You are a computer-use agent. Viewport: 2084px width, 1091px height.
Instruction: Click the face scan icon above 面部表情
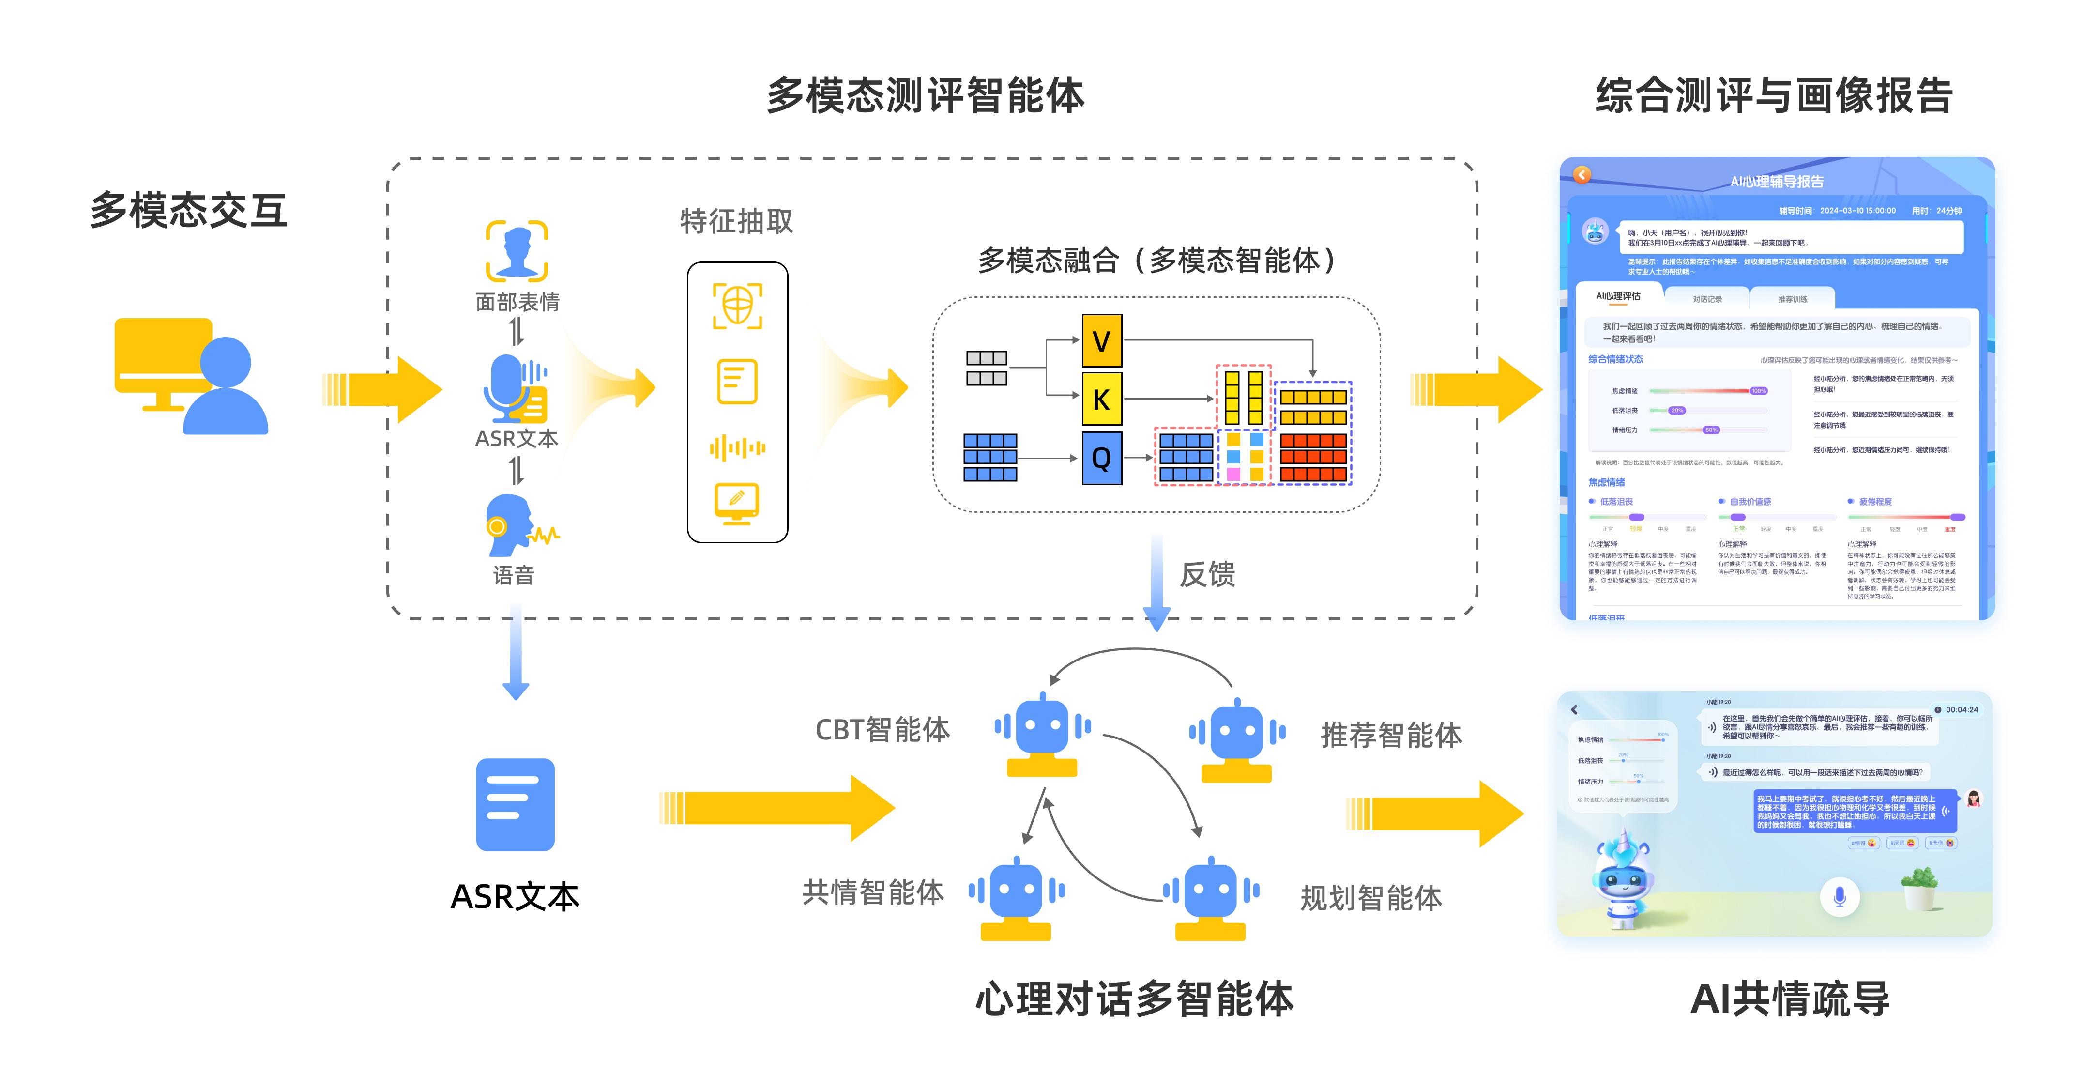point(516,251)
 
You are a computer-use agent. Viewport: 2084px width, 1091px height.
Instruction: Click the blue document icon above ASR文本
point(516,804)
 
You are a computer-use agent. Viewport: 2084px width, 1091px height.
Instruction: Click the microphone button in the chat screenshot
point(1839,897)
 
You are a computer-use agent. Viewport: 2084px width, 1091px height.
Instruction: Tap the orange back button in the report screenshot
point(1582,175)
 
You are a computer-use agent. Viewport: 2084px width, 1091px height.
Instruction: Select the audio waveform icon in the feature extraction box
point(737,447)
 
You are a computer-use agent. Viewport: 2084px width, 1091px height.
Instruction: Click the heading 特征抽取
point(736,221)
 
